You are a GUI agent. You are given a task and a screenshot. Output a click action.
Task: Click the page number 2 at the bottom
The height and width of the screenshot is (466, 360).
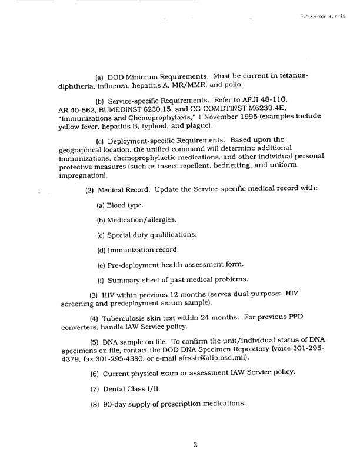195,445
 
